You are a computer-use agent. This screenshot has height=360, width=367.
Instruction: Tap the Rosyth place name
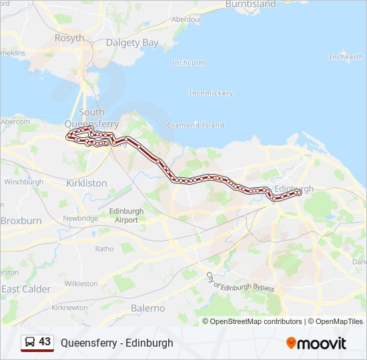point(69,38)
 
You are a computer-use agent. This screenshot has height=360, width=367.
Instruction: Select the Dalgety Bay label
point(133,43)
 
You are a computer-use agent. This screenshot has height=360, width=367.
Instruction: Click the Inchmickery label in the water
point(211,93)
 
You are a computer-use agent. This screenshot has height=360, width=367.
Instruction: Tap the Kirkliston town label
point(86,182)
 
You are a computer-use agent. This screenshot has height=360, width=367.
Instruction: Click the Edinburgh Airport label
point(125,215)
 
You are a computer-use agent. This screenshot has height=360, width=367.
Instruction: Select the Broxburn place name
point(21,220)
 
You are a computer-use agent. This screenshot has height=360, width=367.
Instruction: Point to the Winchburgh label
point(23,181)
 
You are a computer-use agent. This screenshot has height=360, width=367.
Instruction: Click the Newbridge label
point(81,218)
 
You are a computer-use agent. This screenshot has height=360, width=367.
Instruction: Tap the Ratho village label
point(104,249)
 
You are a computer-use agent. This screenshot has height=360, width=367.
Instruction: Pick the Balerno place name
point(147,308)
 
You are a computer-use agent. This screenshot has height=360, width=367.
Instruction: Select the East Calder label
point(26,289)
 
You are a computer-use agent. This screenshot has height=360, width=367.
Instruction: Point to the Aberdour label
point(187,19)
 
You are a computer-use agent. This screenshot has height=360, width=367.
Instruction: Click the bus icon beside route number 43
point(30,343)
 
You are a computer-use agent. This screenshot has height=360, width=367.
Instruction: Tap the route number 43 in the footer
point(45,342)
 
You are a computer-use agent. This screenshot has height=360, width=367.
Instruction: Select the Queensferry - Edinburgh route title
point(117,343)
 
